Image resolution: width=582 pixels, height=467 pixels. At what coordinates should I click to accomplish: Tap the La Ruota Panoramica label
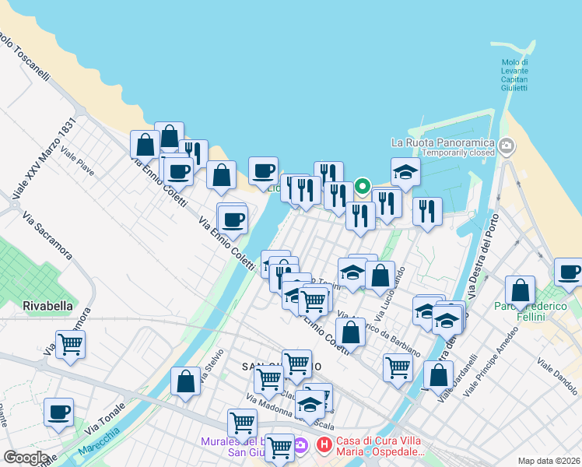coord(443,142)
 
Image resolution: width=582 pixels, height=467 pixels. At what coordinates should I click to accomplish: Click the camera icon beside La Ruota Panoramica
coord(507,145)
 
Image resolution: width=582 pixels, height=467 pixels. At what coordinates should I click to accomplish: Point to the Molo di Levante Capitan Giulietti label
coord(514,75)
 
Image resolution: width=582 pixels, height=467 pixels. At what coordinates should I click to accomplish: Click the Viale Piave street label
coord(78,162)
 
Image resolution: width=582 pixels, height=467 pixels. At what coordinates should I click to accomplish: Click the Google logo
coord(26,458)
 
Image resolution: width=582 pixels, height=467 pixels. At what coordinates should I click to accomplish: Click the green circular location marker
coord(362,186)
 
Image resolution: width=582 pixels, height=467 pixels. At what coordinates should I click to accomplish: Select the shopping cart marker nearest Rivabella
coord(70,343)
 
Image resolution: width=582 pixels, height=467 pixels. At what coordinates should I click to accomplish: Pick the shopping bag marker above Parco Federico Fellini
coord(520,291)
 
